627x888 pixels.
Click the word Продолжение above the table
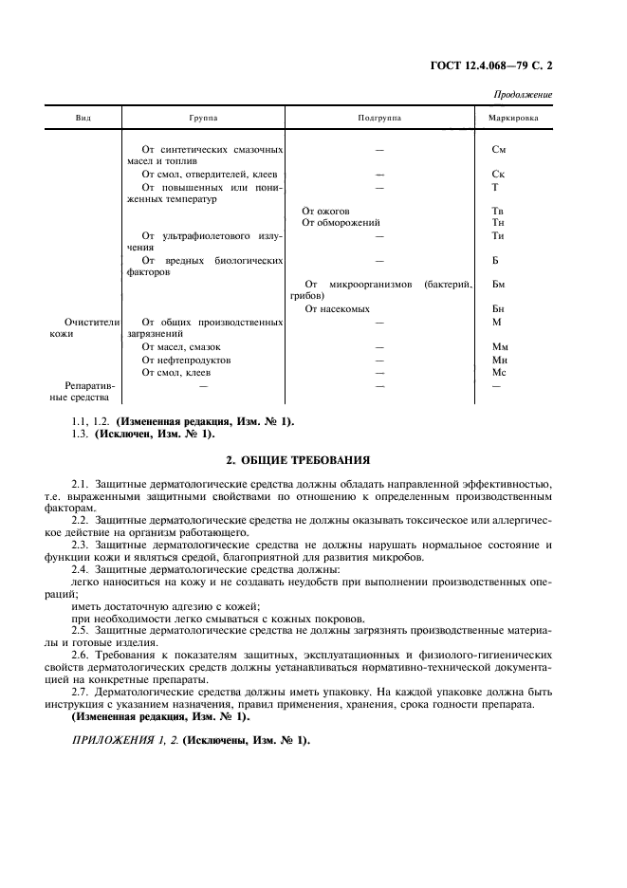[x=523, y=95]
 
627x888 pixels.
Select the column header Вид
[x=83, y=119]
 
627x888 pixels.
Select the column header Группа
[x=203, y=119]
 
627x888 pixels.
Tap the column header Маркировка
[x=512, y=119]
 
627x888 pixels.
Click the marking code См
[x=499, y=150]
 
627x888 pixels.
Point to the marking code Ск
[x=499, y=175]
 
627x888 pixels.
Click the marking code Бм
[x=499, y=285]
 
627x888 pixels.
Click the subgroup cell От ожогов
[x=325, y=211]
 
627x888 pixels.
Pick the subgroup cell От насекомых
[x=338, y=309]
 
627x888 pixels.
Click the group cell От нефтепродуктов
[x=186, y=361]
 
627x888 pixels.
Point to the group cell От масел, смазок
[x=181, y=347]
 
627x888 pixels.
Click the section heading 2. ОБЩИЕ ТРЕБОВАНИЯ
[x=297, y=460]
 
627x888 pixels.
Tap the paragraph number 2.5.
[x=80, y=630]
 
